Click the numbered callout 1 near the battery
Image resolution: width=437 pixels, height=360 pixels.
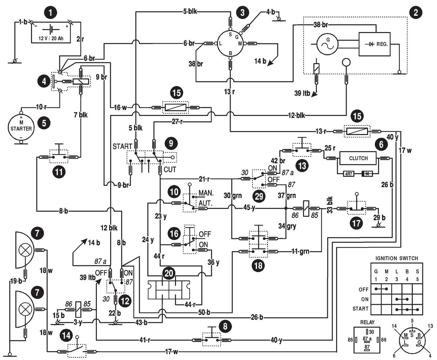[50, 12]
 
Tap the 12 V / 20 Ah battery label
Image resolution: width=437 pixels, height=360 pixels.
[51, 38]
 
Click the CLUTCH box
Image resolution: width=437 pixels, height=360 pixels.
[358, 158]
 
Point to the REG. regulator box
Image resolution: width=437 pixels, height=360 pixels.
[375, 44]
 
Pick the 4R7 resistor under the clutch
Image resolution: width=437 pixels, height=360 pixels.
[348, 174]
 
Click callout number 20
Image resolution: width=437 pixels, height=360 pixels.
[169, 273]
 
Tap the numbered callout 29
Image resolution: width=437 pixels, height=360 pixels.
[259, 196]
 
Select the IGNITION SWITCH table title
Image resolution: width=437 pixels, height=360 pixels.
[397, 258]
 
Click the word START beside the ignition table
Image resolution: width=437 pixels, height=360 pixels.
[360, 309]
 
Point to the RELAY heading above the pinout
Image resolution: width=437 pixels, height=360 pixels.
[367, 322]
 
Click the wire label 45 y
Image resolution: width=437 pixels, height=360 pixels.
[249, 208]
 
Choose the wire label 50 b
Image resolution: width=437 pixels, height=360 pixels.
[204, 313]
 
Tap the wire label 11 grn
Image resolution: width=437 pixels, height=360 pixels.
[300, 251]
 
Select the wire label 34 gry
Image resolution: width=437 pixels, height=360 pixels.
[287, 226]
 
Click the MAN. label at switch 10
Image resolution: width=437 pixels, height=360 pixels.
[206, 193]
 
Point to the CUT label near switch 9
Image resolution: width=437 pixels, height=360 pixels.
[170, 169]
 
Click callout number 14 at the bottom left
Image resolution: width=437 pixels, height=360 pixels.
[66, 335]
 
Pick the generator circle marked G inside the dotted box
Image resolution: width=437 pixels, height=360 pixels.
[327, 44]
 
